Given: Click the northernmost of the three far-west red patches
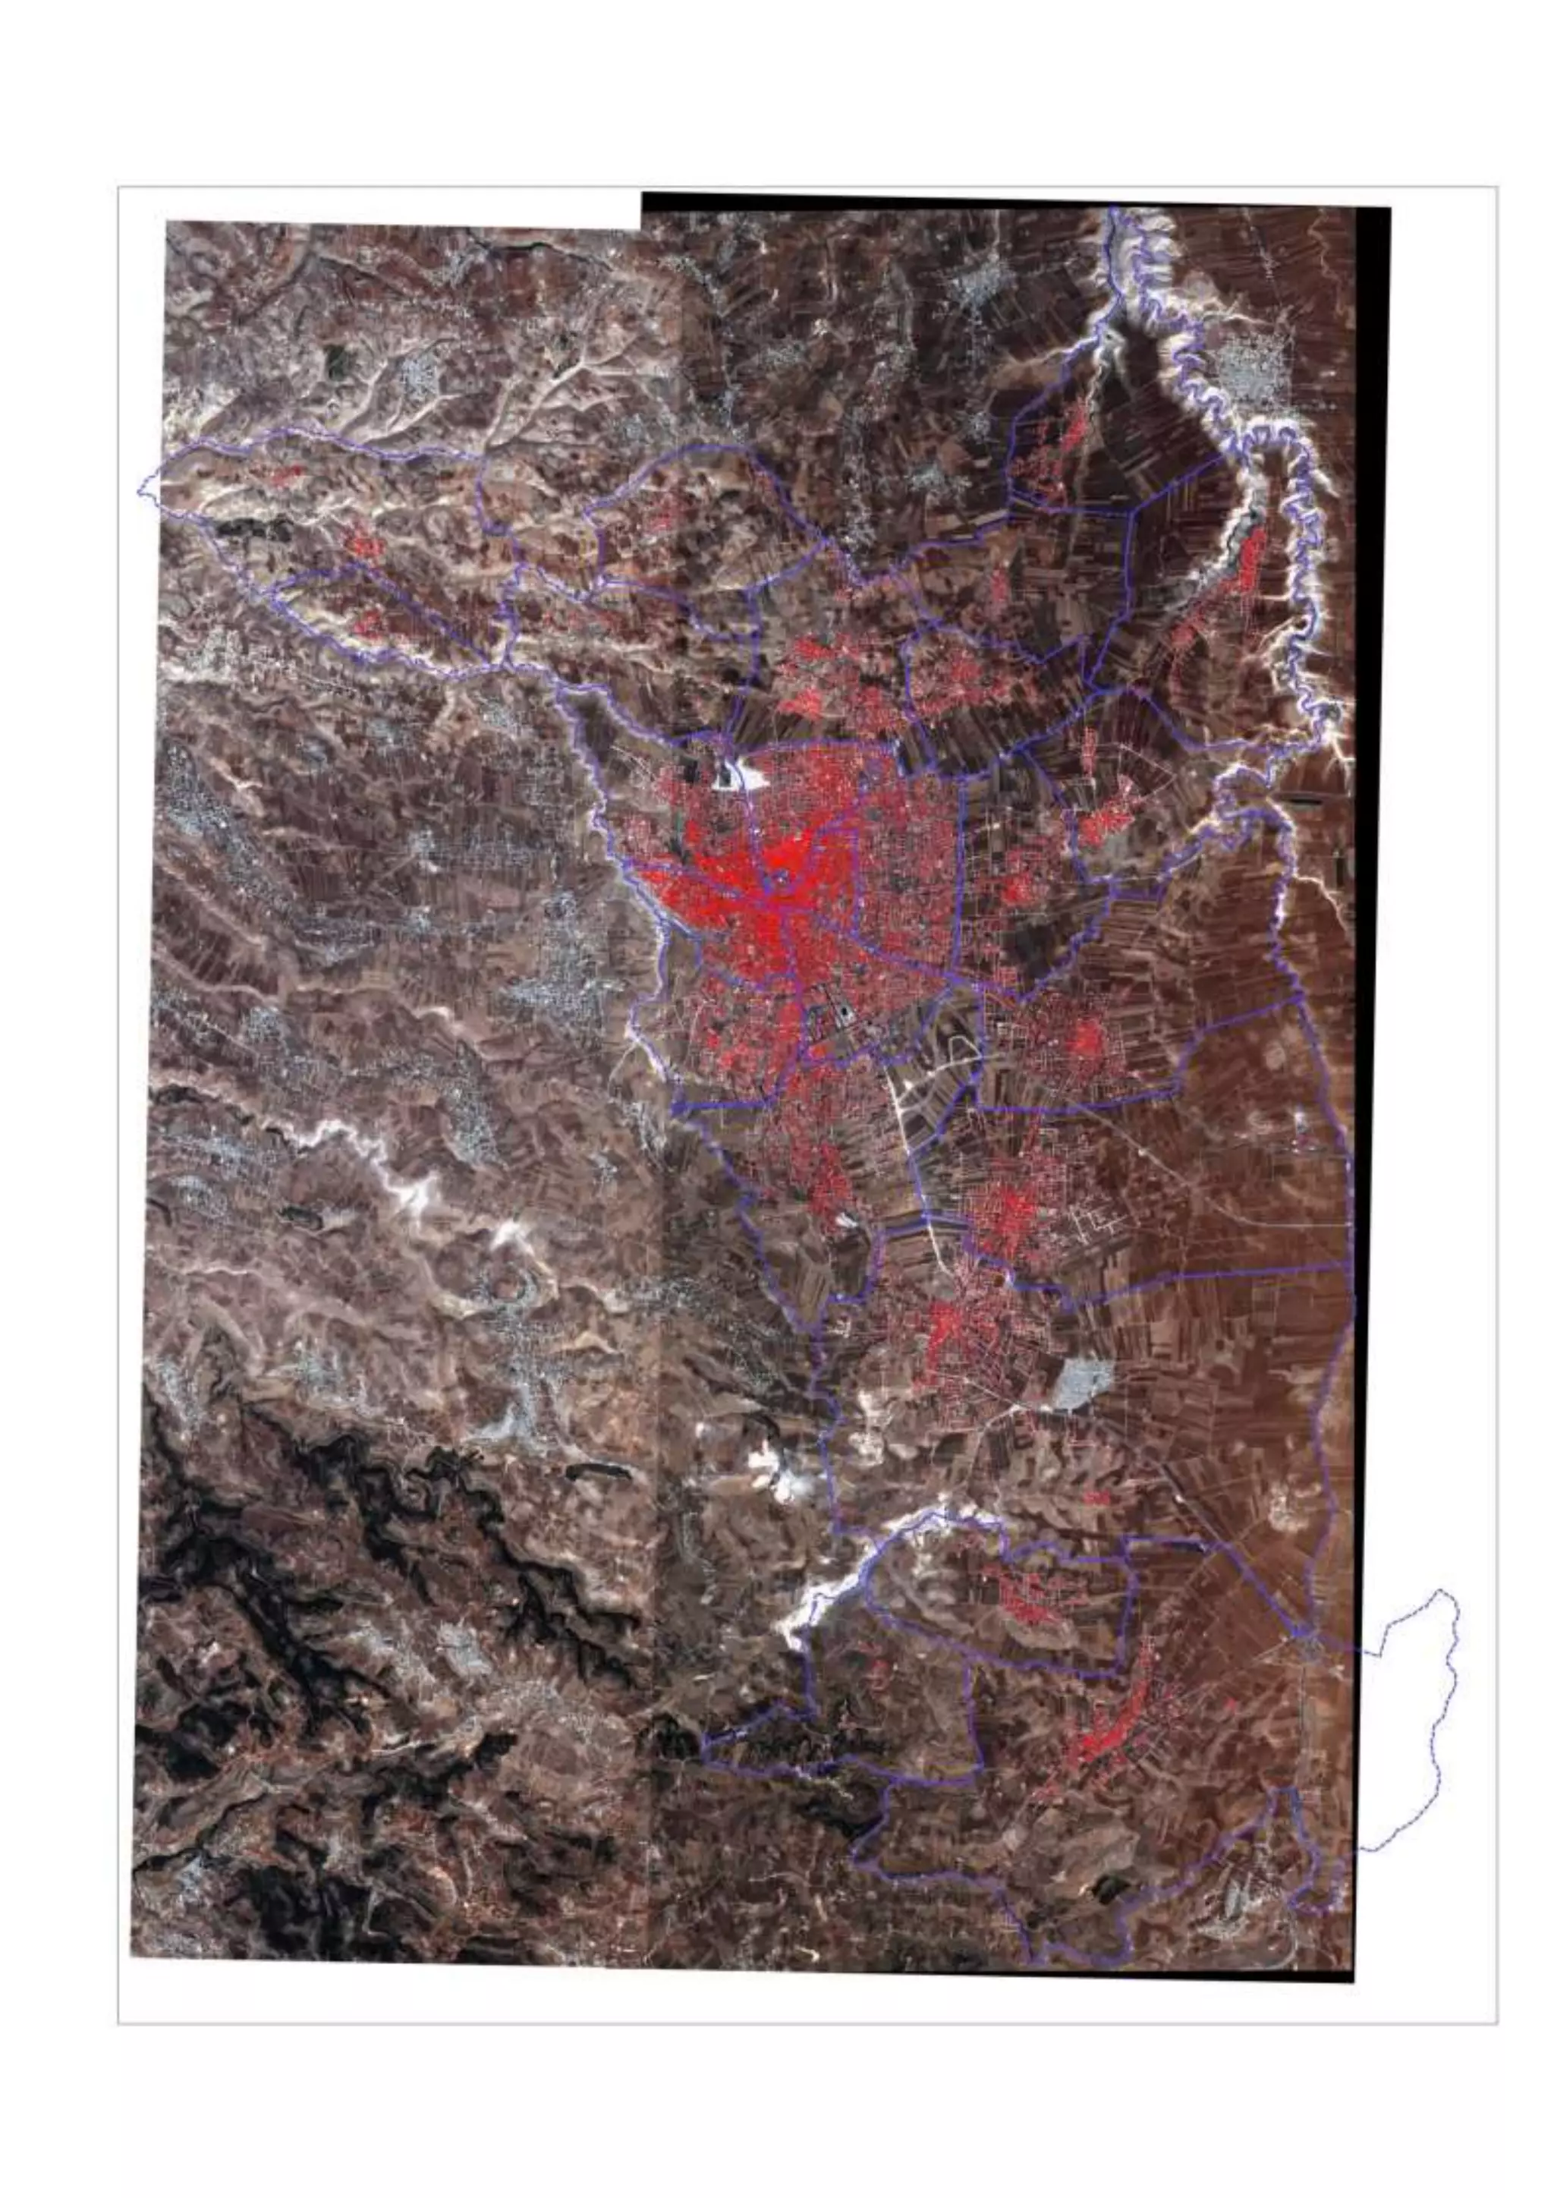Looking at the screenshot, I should pos(287,474).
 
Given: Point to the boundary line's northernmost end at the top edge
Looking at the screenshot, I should pos(1113,209).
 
